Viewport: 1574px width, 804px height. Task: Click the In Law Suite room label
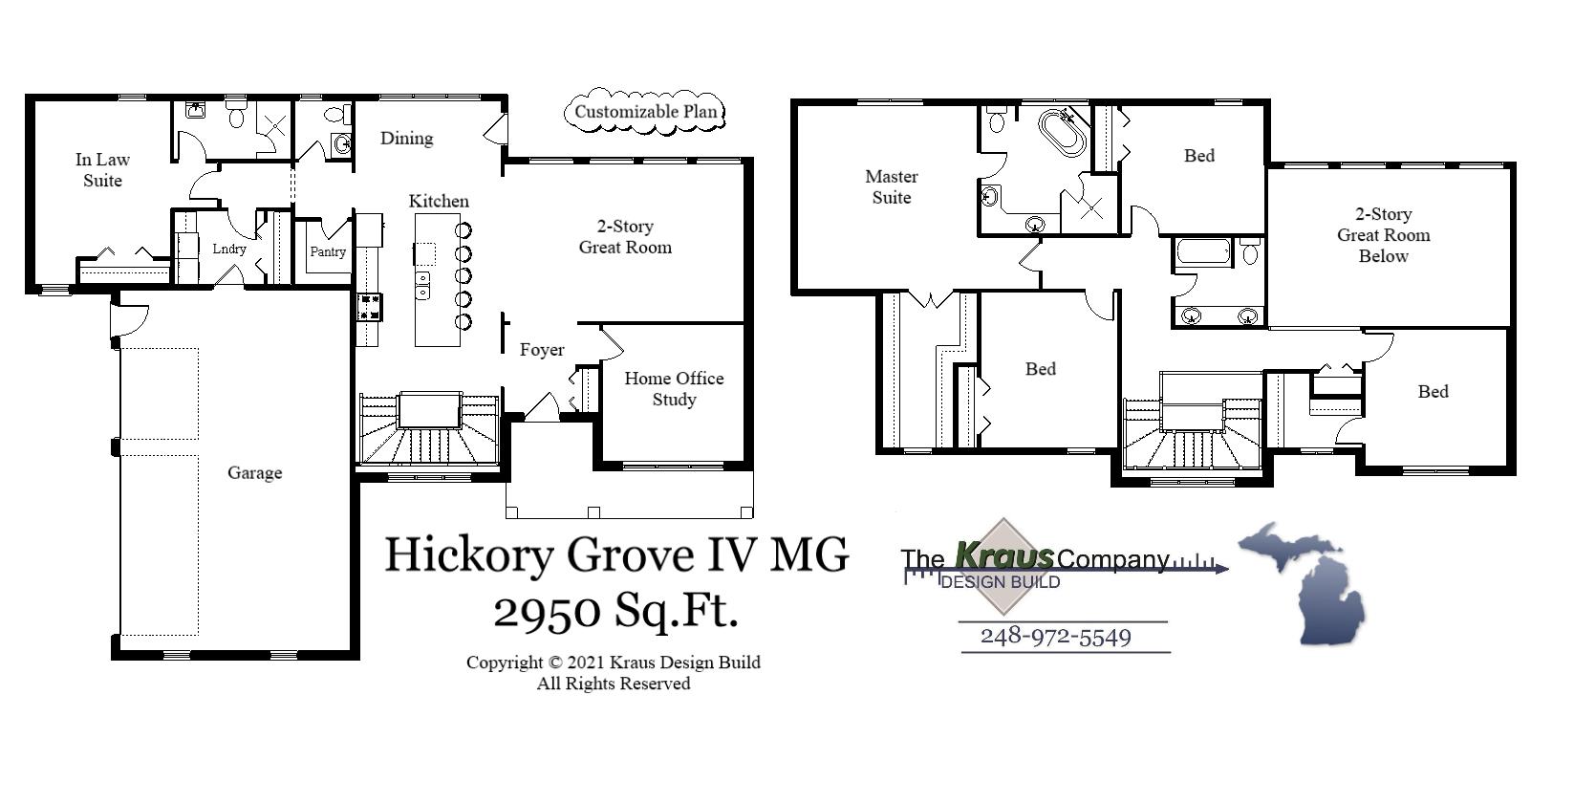click(102, 170)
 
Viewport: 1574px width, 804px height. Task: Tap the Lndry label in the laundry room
click(229, 249)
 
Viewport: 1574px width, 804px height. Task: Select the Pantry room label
click(328, 252)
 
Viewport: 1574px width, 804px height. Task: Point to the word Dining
click(406, 139)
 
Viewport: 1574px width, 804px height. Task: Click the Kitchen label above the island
click(439, 202)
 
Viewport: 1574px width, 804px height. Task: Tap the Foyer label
click(542, 350)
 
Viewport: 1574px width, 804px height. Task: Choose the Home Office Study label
click(674, 389)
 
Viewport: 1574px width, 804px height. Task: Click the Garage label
click(254, 473)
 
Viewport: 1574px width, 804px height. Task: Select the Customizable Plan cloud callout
click(645, 112)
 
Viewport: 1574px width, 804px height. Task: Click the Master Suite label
click(891, 187)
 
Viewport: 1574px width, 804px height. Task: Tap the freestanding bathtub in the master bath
click(1063, 133)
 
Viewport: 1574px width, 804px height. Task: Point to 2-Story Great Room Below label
click(1383, 235)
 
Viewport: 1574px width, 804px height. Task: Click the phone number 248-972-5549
click(1056, 637)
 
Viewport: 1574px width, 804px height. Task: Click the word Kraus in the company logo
click(1003, 555)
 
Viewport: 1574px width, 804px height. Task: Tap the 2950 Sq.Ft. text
click(615, 610)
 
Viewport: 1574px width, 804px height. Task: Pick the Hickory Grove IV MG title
click(615, 554)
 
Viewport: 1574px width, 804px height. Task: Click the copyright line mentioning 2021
click(613, 663)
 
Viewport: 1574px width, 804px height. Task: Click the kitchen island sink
click(422, 284)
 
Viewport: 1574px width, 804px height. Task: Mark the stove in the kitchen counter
click(369, 307)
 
